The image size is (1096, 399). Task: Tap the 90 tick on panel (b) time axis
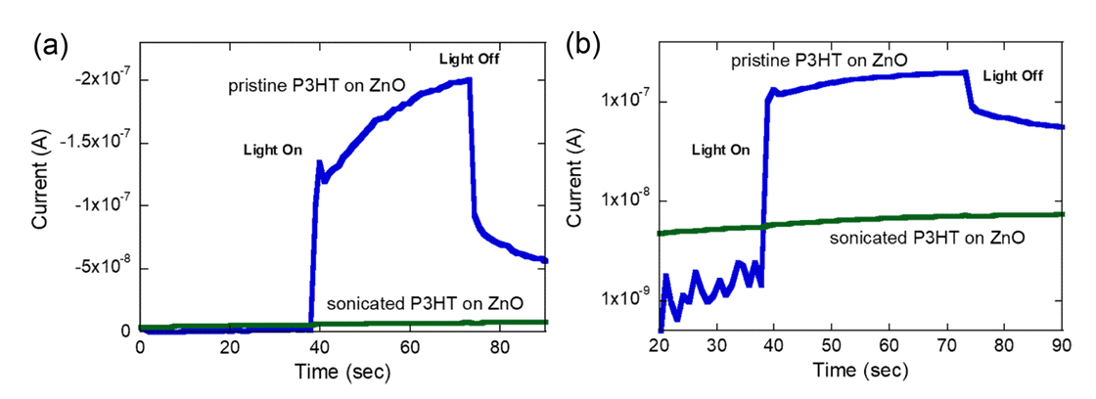(1064, 347)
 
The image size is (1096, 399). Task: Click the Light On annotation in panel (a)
(272, 151)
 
